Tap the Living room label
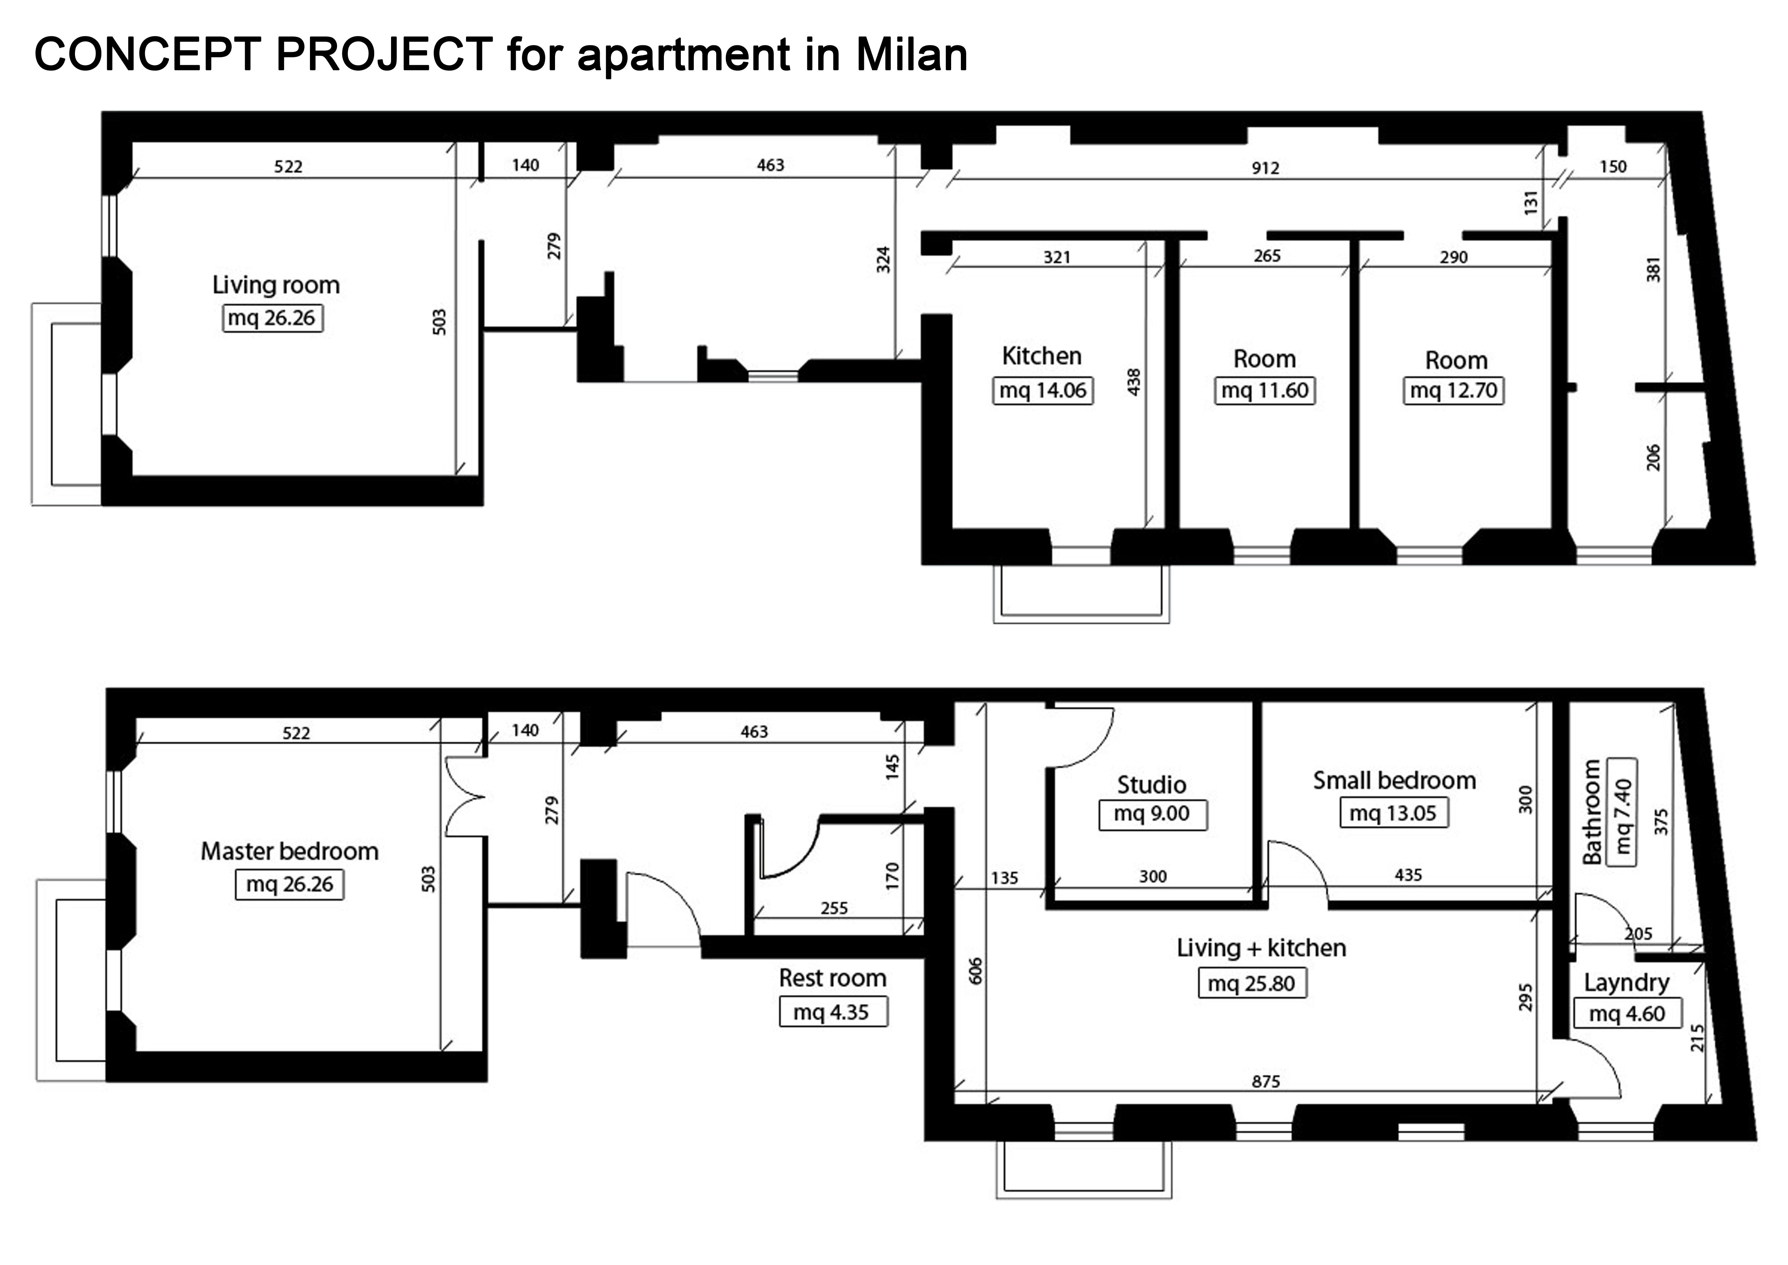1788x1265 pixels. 276,285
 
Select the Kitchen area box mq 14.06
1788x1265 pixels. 1043,390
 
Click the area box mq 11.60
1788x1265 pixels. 1265,390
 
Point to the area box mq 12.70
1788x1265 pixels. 1454,390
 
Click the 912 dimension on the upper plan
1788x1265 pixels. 1265,167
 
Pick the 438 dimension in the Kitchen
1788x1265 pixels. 1134,382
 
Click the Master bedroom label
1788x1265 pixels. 290,851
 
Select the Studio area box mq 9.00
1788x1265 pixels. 1153,814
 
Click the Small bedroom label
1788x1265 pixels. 1394,780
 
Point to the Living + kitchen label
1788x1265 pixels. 1261,948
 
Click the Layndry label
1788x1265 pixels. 1627,983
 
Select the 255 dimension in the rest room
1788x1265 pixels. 834,908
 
